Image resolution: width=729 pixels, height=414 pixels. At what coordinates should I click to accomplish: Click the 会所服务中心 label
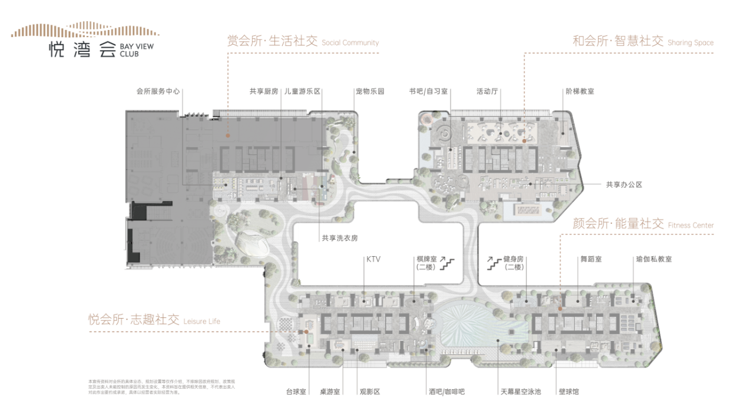[x=158, y=91]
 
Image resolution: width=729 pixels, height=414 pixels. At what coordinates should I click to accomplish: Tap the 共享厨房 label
[x=263, y=91]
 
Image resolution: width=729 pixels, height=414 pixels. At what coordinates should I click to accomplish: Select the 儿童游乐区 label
[x=302, y=91]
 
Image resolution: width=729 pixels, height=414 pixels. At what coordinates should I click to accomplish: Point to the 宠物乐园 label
[x=369, y=91]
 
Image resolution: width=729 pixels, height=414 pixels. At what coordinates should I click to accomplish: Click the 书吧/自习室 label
[x=429, y=91]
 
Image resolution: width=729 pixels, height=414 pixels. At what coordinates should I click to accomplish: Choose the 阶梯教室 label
[x=579, y=91]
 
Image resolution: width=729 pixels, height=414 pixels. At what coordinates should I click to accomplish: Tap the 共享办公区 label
[x=624, y=184]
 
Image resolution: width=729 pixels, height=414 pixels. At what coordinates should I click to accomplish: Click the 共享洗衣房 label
[x=340, y=239]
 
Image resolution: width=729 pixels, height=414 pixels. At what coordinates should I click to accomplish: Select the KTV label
[x=374, y=259]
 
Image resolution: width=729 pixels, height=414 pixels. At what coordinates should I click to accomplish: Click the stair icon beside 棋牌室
[x=448, y=263]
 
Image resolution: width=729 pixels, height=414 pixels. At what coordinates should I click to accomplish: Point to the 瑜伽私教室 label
[x=654, y=259]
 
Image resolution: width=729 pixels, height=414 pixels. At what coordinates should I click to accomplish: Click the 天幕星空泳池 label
[x=521, y=392]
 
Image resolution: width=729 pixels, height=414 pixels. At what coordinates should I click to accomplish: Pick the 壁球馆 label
[x=568, y=392]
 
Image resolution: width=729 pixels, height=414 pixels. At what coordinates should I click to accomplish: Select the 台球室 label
[x=296, y=392]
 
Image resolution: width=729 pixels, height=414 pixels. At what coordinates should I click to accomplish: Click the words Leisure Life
[x=201, y=322]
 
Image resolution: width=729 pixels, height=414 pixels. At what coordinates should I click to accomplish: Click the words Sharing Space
[x=690, y=42]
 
